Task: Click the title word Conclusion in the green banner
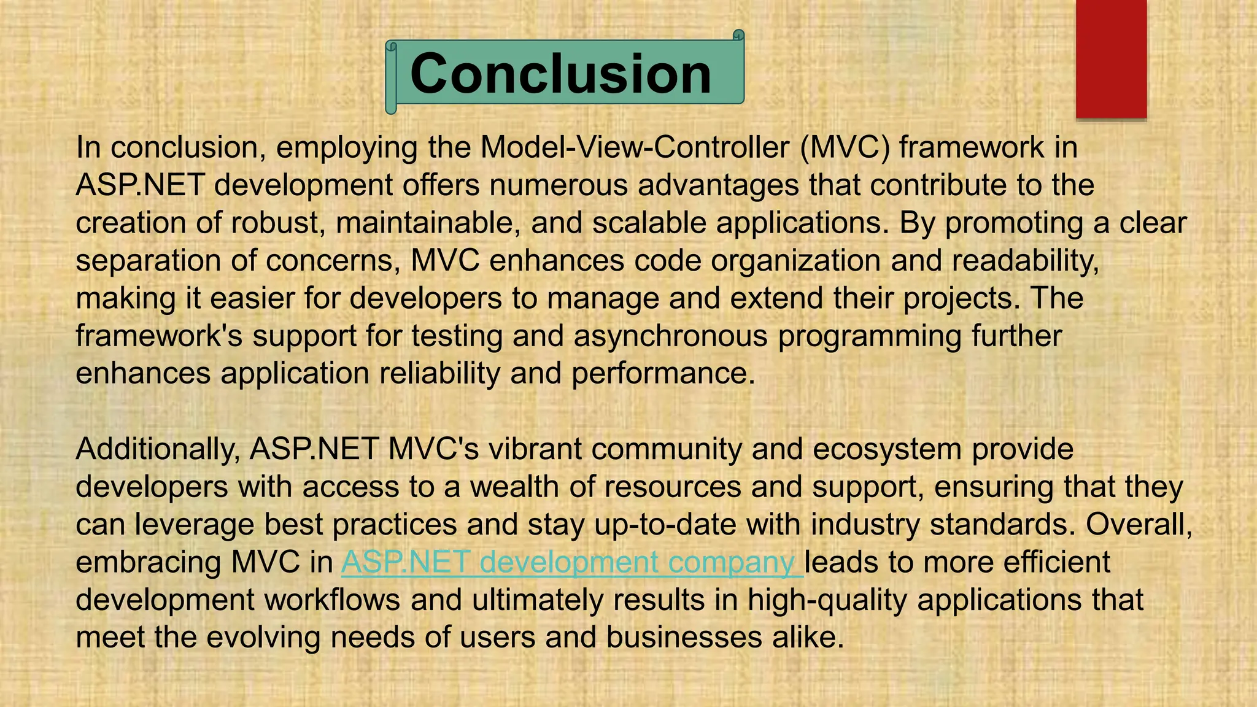560,74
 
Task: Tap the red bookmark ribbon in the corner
1111,58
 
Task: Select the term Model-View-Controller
635,147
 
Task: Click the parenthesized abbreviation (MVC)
845,147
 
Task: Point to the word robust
277,223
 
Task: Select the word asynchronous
670,336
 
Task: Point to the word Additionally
157,449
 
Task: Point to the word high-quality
827,600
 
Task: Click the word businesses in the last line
684,638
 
